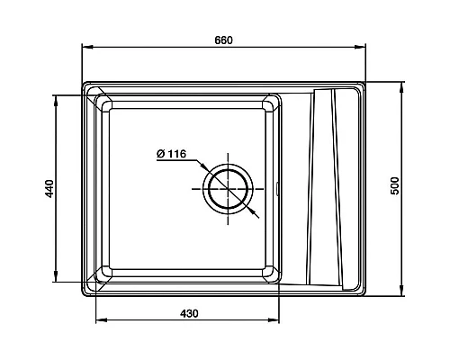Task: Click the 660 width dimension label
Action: pos(223,40)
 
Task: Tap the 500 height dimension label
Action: pos(395,186)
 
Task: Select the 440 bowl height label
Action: pos(49,188)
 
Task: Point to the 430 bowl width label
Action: pos(189,313)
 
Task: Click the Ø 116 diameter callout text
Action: pos(171,154)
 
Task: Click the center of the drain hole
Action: pos(228,189)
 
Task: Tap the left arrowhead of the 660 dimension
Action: pos(87,47)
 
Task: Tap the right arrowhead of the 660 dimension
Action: pos(360,47)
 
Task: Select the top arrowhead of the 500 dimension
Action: pos(401,87)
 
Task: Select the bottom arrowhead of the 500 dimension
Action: pos(401,291)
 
